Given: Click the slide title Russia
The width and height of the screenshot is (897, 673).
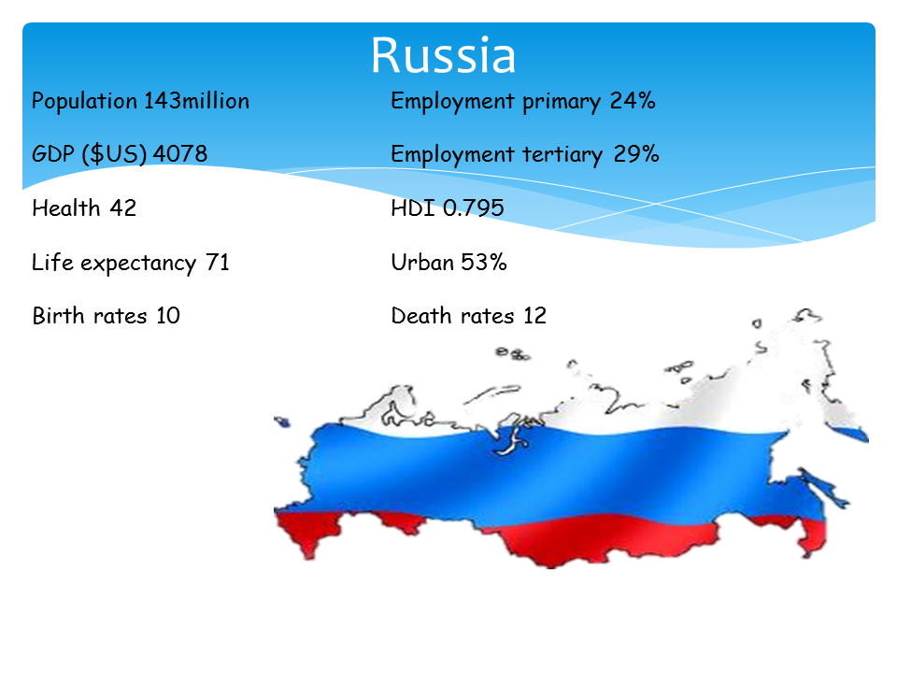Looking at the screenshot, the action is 443,55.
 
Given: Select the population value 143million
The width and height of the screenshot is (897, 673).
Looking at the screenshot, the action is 196,101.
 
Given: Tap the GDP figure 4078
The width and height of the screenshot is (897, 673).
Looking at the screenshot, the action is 180,153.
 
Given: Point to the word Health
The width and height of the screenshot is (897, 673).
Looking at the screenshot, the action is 66,208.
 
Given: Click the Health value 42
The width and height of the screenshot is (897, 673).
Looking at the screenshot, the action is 123,208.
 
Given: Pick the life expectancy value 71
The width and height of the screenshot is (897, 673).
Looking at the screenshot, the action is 218,262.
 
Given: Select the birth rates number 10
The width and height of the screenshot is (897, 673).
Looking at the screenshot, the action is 168,315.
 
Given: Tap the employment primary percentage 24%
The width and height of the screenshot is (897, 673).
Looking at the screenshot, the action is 633,101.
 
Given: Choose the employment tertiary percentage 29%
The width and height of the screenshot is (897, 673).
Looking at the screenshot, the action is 636,154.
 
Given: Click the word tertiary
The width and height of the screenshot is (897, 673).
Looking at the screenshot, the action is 562,154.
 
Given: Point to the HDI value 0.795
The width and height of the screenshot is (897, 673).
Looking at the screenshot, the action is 474,208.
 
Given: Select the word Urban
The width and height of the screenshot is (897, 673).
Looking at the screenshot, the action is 422,262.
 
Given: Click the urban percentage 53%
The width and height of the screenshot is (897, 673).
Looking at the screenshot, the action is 484,262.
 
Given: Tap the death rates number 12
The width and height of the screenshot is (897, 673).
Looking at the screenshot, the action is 534,315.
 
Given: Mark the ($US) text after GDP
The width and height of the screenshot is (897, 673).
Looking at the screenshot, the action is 114,154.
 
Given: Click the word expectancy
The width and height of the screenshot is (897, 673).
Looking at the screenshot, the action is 138,264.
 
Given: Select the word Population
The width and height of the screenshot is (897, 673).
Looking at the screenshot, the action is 84,101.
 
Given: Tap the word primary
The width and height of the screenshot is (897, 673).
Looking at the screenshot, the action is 562,102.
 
